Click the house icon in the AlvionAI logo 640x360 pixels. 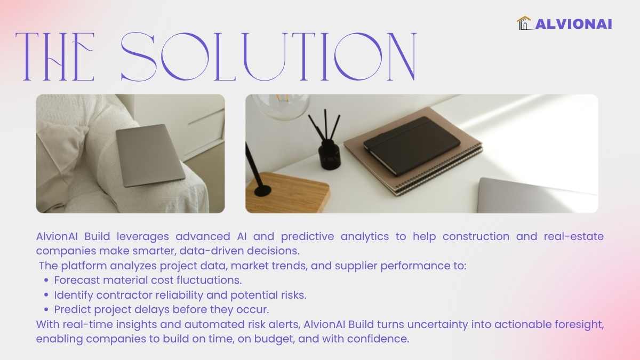click(x=524, y=23)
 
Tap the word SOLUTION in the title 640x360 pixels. click(x=269, y=57)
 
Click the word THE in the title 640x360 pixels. click(x=55, y=57)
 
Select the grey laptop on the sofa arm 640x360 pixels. click(x=150, y=155)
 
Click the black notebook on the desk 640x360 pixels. click(x=412, y=145)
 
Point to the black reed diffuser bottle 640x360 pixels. click(x=330, y=154)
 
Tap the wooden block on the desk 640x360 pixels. click(x=287, y=193)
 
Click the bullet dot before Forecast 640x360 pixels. click(x=46, y=281)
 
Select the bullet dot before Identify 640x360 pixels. click(x=46, y=295)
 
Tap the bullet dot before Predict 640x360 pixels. click(x=46, y=309)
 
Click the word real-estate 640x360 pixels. click(x=574, y=237)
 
